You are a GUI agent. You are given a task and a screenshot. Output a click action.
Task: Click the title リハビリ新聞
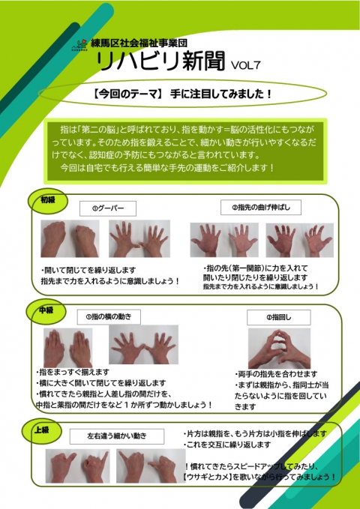[x=160, y=61]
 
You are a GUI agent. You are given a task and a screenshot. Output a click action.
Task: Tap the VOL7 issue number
[x=246, y=65]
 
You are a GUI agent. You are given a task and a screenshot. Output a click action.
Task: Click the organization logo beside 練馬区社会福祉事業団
[x=79, y=45]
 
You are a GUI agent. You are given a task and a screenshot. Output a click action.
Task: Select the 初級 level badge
[x=48, y=201]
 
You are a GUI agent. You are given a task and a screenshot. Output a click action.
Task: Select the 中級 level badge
[x=46, y=310]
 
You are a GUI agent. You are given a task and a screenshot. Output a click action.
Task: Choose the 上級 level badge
[x=41, y=431]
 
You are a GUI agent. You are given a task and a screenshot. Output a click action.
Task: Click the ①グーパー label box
[x=108, y=208]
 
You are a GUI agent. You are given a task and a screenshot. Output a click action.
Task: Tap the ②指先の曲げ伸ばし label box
[x=261, y=207]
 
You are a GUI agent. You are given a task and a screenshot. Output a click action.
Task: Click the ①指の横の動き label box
[x=109, y=317]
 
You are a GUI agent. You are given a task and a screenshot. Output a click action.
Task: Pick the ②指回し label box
[x=279, y=318]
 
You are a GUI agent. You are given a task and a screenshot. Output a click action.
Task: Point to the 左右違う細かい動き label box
[x=117, y=436]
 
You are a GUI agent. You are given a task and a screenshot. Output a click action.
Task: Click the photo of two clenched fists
[x=70, y=238]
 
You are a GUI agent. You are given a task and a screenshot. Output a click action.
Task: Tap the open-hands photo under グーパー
[x=139, y=238]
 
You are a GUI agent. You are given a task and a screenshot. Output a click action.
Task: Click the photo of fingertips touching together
[x=280, y=349]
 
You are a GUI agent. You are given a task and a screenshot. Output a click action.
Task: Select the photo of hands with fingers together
[x=68, y=348]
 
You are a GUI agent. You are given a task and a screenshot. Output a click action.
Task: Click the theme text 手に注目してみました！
[x=221, y=94]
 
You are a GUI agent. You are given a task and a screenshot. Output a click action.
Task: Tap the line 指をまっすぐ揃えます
[x=73, y=372]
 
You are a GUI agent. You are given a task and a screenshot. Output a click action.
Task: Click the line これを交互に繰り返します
[x=226, y=445]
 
